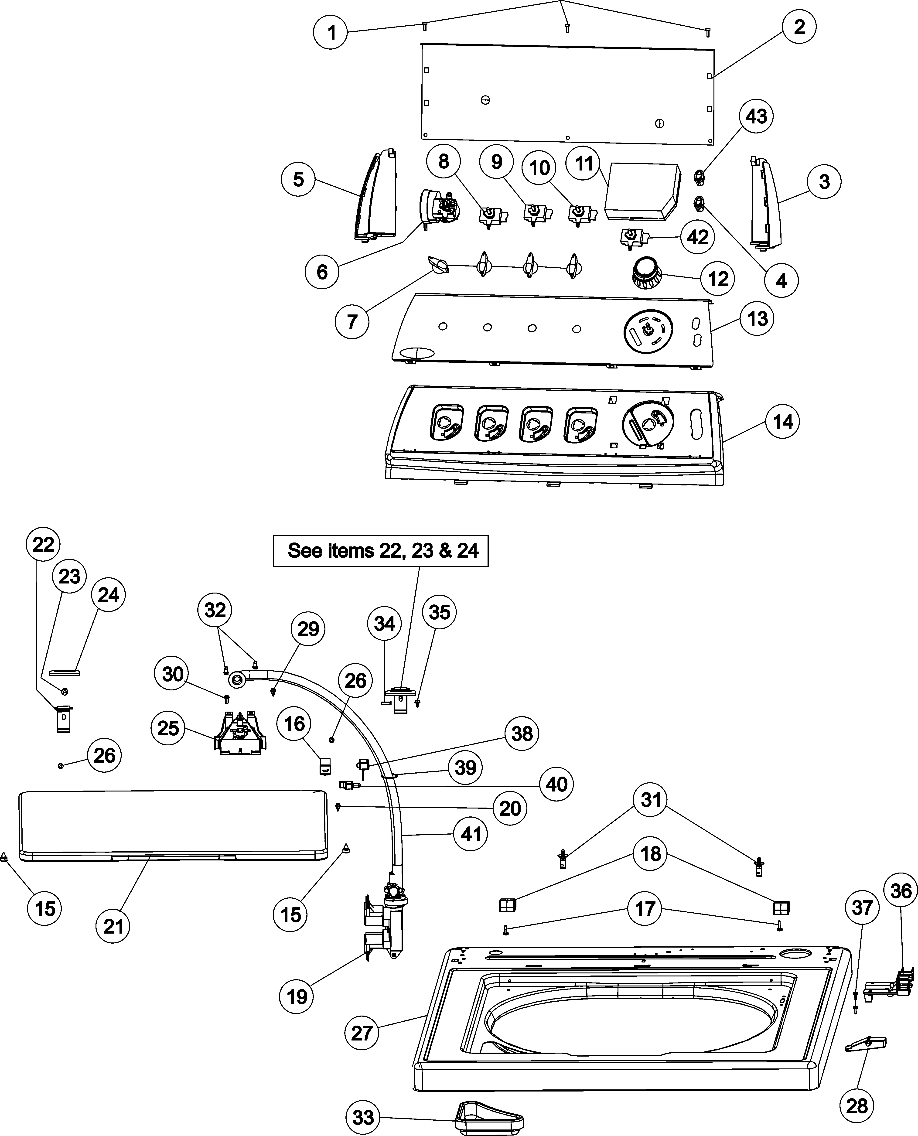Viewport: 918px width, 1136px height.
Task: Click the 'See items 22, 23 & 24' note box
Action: [x=380, y=551]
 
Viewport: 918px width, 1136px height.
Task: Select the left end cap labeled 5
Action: [x=376, y=196]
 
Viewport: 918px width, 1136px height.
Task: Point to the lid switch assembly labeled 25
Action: [x=239, y=733]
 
